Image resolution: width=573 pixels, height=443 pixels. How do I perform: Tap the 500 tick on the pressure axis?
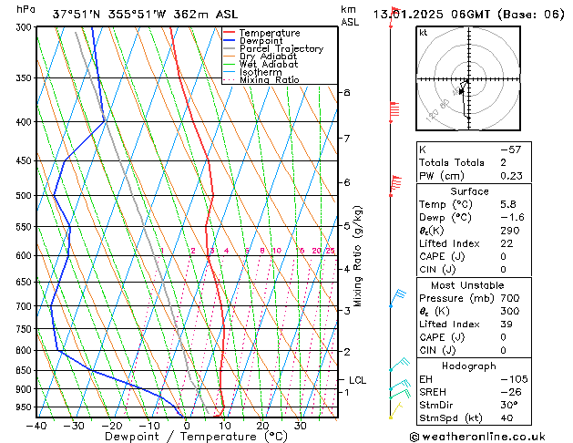point(24,196)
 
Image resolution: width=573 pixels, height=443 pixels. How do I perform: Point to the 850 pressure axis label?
point(24,371)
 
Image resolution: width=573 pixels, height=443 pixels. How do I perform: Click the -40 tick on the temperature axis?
point(36,426)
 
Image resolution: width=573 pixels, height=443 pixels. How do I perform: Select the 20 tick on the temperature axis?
point(262,426)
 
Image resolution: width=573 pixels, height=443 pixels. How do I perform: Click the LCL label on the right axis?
point(359,380)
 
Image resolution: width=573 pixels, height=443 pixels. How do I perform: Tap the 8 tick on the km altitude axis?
point(347,93)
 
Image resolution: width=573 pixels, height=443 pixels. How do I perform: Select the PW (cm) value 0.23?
point(510,177)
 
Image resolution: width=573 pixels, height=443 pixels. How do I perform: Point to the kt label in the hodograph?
point(424,33)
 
